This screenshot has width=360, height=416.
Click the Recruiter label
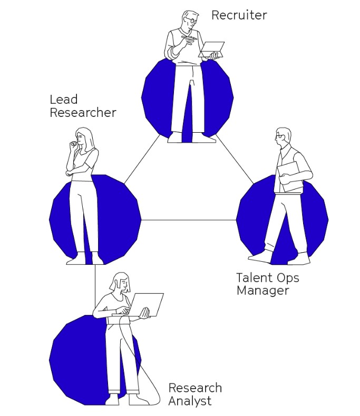(x=239, y=15)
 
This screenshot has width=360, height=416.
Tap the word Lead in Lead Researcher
(x=63, y=100)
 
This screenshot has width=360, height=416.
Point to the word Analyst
(x=190, y=401)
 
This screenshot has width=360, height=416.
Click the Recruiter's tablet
(x=212, y=49)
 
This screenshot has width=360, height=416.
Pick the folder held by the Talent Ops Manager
(x=290, y=177)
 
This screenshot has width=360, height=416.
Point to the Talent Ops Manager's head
(x=283, y=136)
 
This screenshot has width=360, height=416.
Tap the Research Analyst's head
(x=121, y=283)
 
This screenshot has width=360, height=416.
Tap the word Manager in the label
(x=262, y=291)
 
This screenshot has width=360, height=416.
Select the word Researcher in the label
(x=83, y=113)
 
